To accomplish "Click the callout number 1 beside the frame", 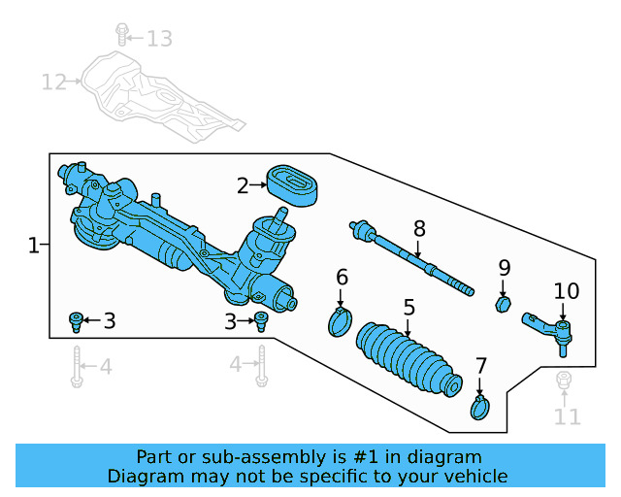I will pos(33,247).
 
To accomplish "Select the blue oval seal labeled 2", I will pos(294,184).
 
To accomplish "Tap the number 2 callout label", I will pos(243,184).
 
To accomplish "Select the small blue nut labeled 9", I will pos(504,306).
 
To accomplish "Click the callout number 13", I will pos(159,39).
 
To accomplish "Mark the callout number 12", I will pos(53,82).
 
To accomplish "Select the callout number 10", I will pos(566,291).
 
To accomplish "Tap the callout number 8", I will pos(419,229).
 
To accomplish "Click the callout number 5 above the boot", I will pos(409,307).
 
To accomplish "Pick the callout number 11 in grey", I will pos(567,417).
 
